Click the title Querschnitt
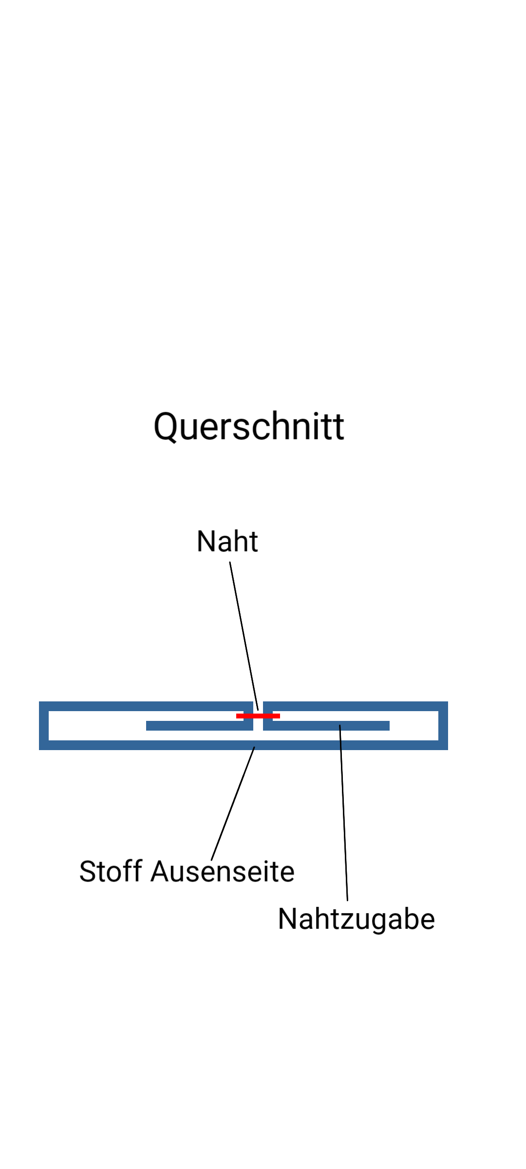pyautogui.click(x=249, y=427)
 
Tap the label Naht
pyautogui.click(x=227, y=541)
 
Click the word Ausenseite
pyautogui.click(x=223, y=871)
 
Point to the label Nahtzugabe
pyautogui.click(x=356, y=919)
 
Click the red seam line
pyautogui.click(x=268, y=716)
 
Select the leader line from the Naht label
pyautogui.click(x=244, y=633)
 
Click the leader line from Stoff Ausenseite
pyautogui.click(x=233, y=804)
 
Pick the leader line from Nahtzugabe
pyautogui.click(x=344, y=813)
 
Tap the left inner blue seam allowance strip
pyautogui.click(x=195, y=726)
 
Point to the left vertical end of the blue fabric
pyautogui.click(x=44, y=726)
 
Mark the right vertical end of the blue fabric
pyautogui.click(x=443, y=726)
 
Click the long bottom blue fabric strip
pyautogui.click(x=146, y=745)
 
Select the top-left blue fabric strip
pyautogui.click(x=146, y=706)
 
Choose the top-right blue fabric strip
pyautogui.click(x=356, y=706)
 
